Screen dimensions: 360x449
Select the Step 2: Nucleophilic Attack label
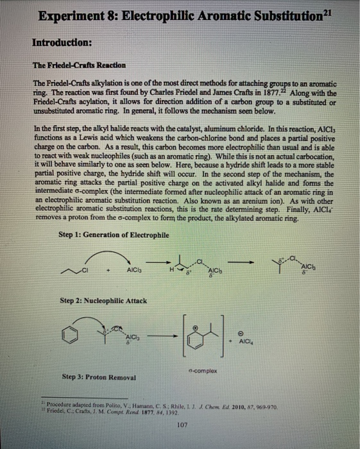[x=103, y=300]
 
